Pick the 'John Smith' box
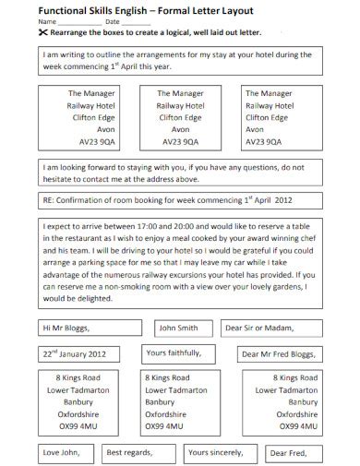[x=179, y=327]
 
